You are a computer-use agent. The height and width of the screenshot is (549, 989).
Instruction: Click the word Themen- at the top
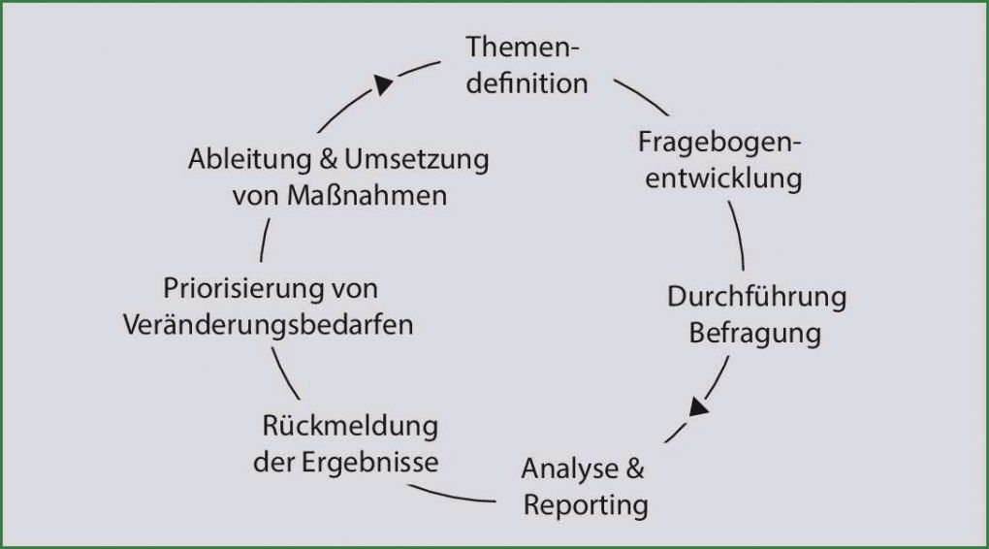pos(524,47)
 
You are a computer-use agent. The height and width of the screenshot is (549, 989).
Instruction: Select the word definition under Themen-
pos(526,83)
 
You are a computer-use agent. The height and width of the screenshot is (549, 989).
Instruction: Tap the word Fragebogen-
pos(720,142)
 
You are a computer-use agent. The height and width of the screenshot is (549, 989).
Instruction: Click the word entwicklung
pos(723,178)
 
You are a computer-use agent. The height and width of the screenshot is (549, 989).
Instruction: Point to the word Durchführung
pos(756,297)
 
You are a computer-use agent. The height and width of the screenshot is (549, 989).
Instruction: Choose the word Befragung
pos(755,334)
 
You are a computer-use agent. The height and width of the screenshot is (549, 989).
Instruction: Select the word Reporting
pos(586,505)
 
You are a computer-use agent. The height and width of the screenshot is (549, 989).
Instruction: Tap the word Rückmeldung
pos(350,426)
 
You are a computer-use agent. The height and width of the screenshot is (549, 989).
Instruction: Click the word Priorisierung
pos(243,288)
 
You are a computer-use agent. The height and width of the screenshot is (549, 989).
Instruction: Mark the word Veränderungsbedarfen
pos(269,325)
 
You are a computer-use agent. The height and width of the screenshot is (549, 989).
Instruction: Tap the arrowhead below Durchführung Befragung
pos(699,406)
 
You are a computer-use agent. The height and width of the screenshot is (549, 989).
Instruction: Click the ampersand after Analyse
pos(634,469)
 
